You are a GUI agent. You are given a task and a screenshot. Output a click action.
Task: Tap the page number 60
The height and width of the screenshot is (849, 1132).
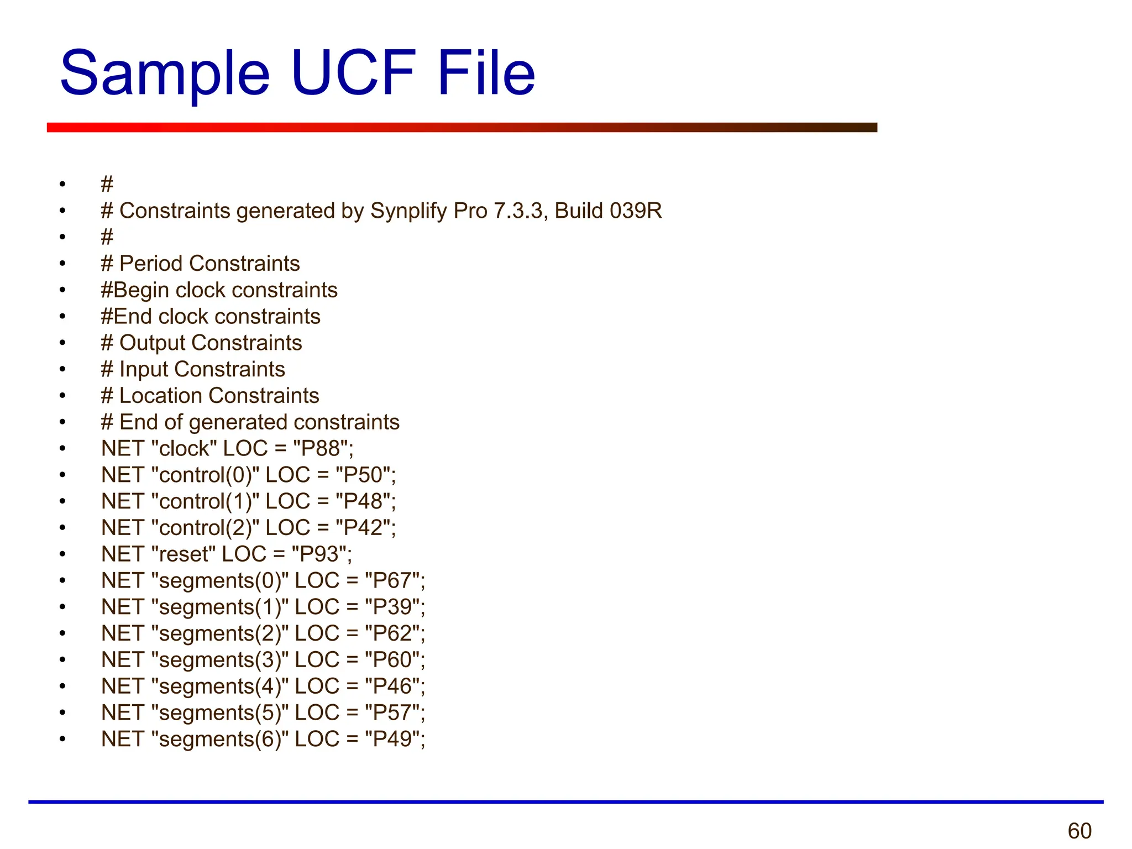[x=1079, y=831]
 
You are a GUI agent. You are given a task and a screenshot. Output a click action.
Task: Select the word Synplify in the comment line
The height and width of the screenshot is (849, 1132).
[x=408, y=211]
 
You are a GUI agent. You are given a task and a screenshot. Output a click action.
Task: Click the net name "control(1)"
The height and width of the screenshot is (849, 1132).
[x=205, y=502]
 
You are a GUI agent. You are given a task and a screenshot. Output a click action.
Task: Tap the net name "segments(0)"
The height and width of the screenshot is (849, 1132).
[x=220, y=581]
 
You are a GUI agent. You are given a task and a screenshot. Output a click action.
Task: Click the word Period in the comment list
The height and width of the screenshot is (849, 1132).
[x=151, y=264]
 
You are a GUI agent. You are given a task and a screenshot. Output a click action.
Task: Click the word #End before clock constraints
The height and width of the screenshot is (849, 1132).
[x=127, y=317]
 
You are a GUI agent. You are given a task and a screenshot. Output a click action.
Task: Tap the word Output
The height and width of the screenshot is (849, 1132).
[x=153, y=343]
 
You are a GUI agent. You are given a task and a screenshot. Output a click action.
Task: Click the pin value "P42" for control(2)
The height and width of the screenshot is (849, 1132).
[x=365, y=528]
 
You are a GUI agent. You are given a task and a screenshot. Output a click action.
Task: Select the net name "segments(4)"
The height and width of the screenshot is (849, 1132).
[x=220, y=686]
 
